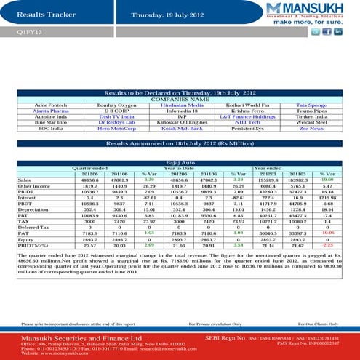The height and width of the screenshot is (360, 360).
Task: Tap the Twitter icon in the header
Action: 327,32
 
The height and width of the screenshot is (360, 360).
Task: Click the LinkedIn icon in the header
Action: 338,32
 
